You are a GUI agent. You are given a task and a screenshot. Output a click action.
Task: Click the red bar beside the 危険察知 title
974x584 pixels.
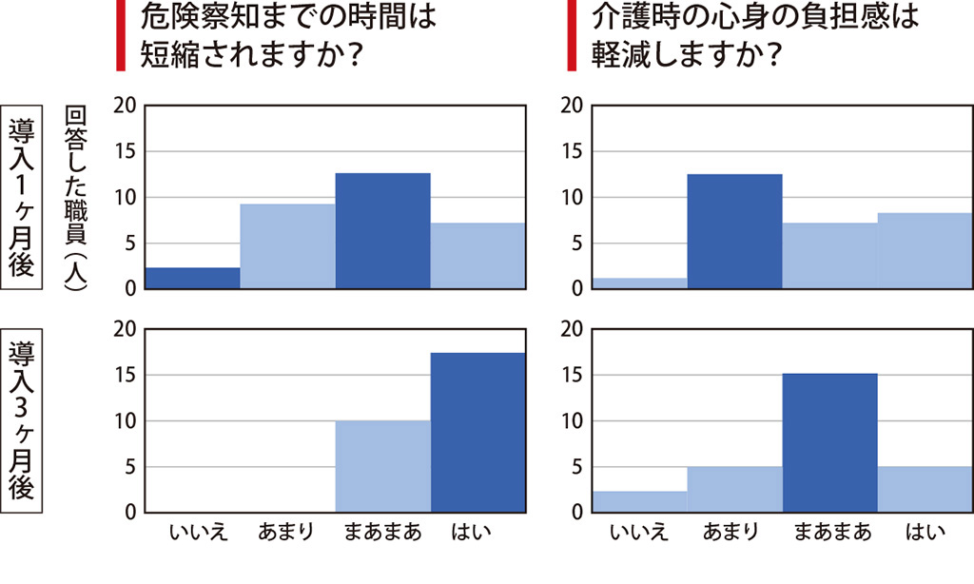pyautogui.click(x=120, y=35)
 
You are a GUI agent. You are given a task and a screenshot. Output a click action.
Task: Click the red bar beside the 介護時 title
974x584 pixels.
pyautogui.click(x=572, y=35)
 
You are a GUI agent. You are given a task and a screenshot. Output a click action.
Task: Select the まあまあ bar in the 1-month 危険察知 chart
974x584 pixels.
pyautogui.click(x=382, y=231)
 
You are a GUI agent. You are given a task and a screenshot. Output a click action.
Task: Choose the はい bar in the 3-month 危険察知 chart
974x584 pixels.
pyautogui.click(x=477, y=433)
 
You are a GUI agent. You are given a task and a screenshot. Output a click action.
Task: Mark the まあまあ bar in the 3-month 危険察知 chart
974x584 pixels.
pyautogui.click(x=382, y=467)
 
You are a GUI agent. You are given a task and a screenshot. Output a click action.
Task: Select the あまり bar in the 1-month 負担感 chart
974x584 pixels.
pyautogui.click(x=734, y=231)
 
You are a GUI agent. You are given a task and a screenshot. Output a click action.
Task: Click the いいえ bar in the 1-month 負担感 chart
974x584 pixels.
pyautogui.click(x=639, y=283)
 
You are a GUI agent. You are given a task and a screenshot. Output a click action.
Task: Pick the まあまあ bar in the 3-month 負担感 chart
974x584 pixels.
pyautogui.click(x=829, y=443)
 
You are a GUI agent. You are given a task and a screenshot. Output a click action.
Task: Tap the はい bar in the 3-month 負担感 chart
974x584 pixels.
pyautogui.click(x=925, y=490)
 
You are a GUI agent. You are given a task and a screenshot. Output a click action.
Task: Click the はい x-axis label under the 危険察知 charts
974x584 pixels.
pyautogui.click(x=473, y=533)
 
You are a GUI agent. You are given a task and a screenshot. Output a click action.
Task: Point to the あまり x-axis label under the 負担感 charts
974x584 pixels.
pyautogui.click(x=732, y=533)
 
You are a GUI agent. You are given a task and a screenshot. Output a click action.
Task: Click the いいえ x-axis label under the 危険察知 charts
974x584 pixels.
pyautogui.click(x=197, y=533)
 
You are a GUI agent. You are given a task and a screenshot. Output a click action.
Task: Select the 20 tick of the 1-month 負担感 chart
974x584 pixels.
pyautogui.click(x=574, y=106)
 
